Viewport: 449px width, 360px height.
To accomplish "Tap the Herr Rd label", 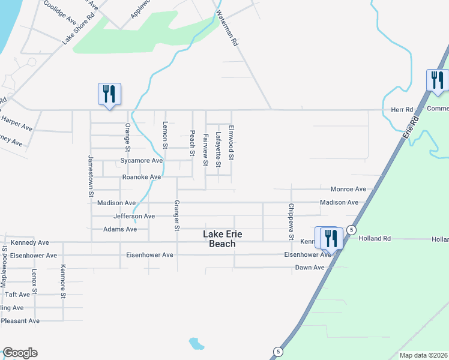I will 402,110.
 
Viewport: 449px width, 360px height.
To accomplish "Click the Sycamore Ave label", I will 141,161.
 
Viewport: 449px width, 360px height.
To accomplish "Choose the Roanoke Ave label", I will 141,177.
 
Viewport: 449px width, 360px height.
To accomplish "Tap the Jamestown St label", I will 91,176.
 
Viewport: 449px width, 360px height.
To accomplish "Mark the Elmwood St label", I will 231,146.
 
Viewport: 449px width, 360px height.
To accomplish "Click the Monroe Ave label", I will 348,188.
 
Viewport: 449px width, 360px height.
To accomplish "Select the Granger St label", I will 177,215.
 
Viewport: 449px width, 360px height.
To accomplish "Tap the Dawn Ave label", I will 310,267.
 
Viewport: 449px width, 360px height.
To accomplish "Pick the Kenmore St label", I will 62,281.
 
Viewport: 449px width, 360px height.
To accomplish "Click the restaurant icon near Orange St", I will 109,94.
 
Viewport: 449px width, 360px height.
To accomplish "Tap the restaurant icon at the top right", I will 437,80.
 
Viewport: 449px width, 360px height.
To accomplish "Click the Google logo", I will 20,353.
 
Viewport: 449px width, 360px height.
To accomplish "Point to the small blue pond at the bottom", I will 196,343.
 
